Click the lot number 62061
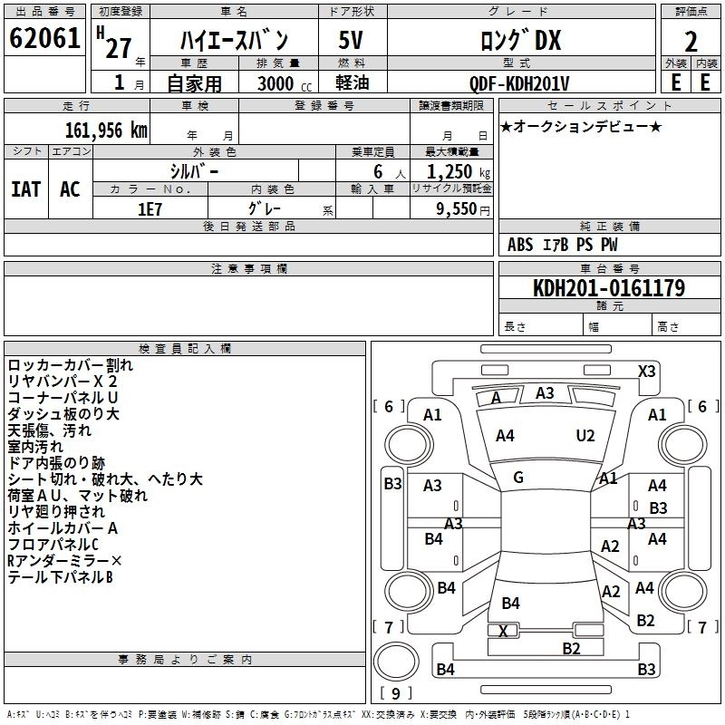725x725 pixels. click(44, 39)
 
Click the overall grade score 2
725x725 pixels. click(691, 41)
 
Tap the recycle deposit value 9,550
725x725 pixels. click(457, 208)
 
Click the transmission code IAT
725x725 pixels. click(26, 188)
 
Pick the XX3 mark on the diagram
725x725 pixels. click(646, 371)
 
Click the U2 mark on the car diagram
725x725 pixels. click(585, 436)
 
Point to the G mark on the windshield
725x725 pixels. click(518, 478)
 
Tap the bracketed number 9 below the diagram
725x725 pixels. click(395, 693)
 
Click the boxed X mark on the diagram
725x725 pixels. click(503, 630)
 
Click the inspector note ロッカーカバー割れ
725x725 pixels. click(70, 365)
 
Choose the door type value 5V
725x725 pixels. click(351, 41)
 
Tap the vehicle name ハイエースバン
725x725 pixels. click(233, 41)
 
